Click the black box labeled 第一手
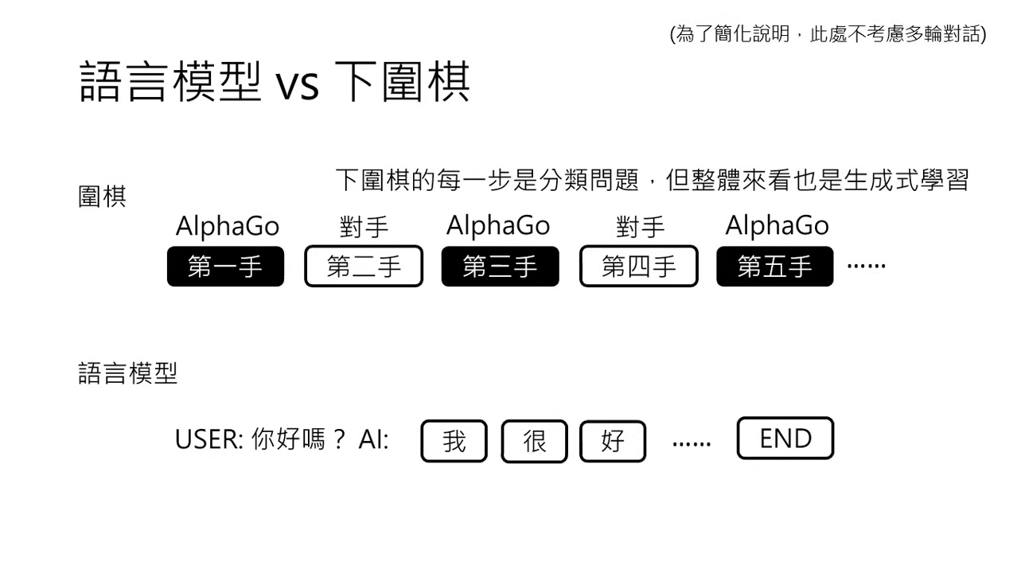click(225, 267)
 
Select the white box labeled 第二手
click(364, 267)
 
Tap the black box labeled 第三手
click(500, 267)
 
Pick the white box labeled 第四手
click(638, 267)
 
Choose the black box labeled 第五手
click(775, 267)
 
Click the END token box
click(785, 439)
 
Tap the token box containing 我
click(454, 441)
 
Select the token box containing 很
click(534, 441)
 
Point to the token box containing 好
click(613, 441)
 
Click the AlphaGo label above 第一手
click(228, 227)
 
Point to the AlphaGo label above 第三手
click(498, 226)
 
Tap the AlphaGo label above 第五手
click(777, 226)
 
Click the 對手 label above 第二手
click(364, 228)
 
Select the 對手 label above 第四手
click(640, 228)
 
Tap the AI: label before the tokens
click(373, 439)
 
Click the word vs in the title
click(297, 84)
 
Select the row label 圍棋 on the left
click(102, 197)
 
